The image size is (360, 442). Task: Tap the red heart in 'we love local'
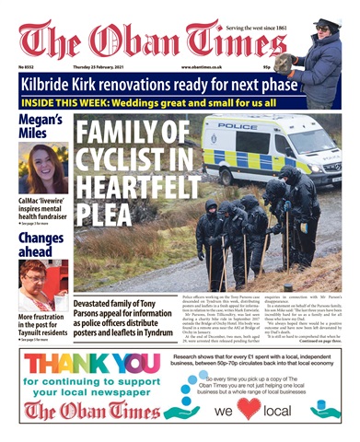click(x=249, y=410)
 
